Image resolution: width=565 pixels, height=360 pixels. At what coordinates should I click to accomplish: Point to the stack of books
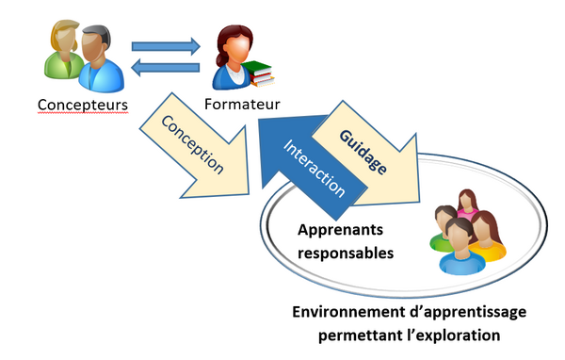258,73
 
